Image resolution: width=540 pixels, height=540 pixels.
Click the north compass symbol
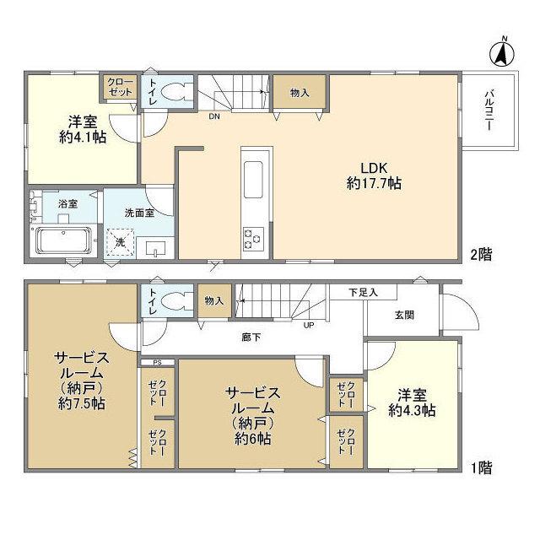502,52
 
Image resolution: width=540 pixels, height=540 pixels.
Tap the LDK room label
374,168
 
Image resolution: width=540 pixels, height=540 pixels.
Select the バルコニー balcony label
489,111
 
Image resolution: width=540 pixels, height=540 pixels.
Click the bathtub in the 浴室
64,240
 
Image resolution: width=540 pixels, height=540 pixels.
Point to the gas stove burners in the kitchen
253,238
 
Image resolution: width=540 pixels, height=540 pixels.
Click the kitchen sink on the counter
253,180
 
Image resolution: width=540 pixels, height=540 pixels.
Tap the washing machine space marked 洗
120,242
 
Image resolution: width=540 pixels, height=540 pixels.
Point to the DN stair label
214,116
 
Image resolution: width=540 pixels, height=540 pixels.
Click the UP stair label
309,325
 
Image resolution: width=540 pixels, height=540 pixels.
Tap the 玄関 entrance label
404,315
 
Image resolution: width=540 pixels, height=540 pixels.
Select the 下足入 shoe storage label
364,293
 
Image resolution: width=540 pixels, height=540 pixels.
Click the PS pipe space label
158,363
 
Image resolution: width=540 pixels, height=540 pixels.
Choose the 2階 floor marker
482,255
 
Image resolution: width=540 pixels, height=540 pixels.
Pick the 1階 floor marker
482,467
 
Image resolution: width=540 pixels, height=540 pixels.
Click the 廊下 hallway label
251,337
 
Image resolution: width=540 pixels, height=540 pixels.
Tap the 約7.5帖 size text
82,403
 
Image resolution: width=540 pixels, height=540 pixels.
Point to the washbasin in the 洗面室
155,248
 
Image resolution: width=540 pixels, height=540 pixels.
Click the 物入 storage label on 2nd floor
300,93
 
